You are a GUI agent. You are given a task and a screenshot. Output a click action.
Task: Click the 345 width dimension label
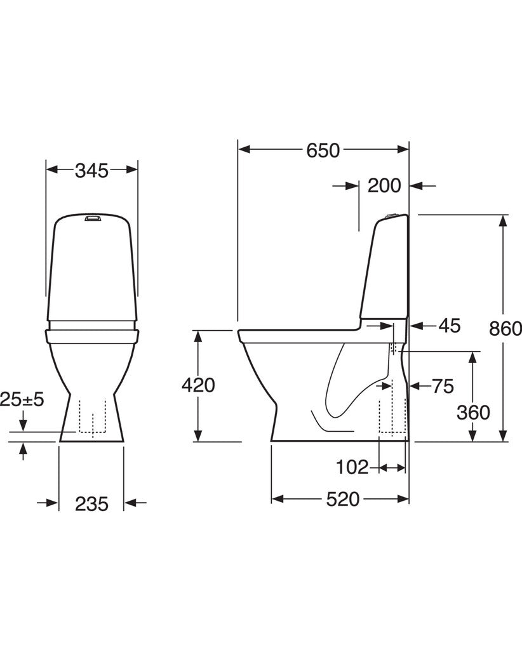pyautogui.click(x=91, y=170)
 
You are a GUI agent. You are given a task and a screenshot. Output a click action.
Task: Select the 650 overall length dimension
pyautogui.click(x=323, y=150)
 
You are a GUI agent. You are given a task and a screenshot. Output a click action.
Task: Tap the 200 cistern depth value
pyautogui.click(x=384, y=186)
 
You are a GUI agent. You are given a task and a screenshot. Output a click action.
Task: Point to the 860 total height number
pyautogui.click(x=505, y=329)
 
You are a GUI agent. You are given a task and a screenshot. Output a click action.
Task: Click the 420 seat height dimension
pyautogui.click(x=198, y=385)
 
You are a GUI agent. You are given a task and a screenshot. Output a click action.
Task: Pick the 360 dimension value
pyautogui.click(x=473, y=413)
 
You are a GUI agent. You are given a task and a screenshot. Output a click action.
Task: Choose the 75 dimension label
pyautogui.click(x=443, y=387)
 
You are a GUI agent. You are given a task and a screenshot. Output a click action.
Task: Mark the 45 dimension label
pyautogui.click(x=450, y=326)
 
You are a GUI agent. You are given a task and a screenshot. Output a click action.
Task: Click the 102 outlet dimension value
pyautogui.click(x=352, y=468)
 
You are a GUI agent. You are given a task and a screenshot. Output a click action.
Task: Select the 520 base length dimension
pyautogui.click(x=342, y=499)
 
